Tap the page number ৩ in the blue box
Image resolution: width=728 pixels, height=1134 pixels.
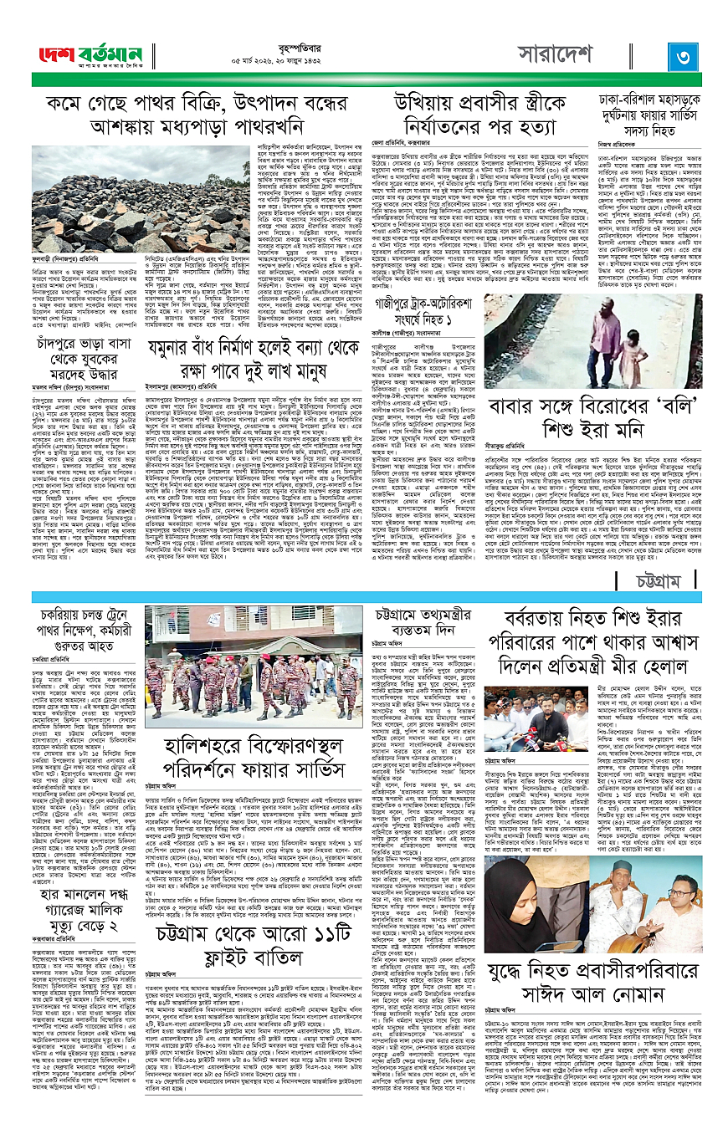pyautogui.click(x=677, y=58)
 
